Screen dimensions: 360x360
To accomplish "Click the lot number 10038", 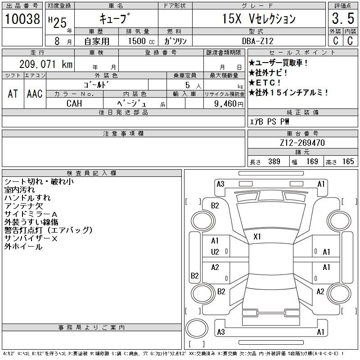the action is click(22, 19).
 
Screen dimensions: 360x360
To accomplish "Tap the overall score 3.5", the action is click(343, 18).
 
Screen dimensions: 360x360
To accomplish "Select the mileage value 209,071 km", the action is click(46, 64).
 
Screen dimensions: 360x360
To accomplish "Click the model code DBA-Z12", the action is click(258, 41).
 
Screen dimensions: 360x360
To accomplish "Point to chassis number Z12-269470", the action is click(302, 143).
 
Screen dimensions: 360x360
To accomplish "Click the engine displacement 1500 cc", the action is click(141, 41).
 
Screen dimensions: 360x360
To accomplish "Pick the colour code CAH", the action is click(74, 103).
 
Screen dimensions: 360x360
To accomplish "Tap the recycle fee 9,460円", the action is click(229, 104).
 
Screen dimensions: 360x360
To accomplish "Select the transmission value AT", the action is click(13, 94).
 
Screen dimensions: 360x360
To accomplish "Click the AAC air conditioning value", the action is click(35, 94).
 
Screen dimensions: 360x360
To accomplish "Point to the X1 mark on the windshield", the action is click(257, 237).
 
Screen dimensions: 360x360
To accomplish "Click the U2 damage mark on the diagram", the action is click(215, 252).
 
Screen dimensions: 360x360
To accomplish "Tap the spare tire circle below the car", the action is click(197, 328).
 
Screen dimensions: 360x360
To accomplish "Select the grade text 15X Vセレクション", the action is click(259, 18).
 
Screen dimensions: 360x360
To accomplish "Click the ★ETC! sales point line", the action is click(265, 83).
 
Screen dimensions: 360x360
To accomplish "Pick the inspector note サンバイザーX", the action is click(31, 238).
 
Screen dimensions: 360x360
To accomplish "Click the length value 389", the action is click(274, 162).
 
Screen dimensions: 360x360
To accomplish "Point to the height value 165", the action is click(348, 162).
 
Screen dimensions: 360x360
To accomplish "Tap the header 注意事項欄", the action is click(123, 133).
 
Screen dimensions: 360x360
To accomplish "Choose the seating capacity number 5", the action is click(188, 85).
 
